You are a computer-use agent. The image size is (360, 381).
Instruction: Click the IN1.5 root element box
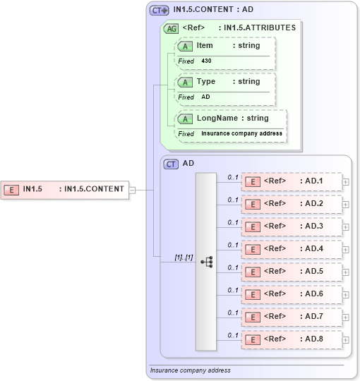pyautogui.click(x=66, y=189)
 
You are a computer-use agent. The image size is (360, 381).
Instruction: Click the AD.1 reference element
pyautogui.click(x=292, y=181)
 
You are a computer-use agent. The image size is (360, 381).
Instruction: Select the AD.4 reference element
pyautogui.click(x=292, y=249)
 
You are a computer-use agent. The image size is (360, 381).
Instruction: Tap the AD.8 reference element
pyautogui.click(x=292, y=339)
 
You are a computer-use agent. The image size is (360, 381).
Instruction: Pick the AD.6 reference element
pyautogui.click(x=292, y=294)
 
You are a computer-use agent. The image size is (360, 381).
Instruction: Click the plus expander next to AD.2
pyautogui.click(x=345, y=205)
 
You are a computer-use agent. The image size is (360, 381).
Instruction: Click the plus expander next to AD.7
pyautogui.click(x=345, y=317)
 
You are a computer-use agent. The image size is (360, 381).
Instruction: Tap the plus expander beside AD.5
pyautogui.click(x=345, y=272)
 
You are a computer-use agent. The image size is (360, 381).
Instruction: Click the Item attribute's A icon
pyautogui.click(x=186, y=46)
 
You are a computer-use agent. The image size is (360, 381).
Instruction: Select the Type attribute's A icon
pyautogui.click(x=186, y=82)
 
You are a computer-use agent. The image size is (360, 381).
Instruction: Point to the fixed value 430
pyautogui.click(x=206, y=61)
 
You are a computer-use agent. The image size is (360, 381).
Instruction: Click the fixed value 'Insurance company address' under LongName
pyautogui.click(x=241, y=133)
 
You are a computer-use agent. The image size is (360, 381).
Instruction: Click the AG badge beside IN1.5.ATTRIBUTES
pyautogui.click(x=171, y=28)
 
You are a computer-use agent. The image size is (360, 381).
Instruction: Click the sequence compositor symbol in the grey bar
pyautogui.click(x=206, y=262)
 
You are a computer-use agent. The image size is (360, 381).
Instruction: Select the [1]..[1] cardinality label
pyautogui.click(x=184, y=258)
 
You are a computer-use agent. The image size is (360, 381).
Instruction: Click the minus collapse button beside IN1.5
pyautogui.click(x=133, y=189)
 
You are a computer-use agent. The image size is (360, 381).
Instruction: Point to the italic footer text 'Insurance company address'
pyautogui.click(x=190, y=370)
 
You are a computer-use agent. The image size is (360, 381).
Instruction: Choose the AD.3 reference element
pyautogui.click(x=292, y=226)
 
